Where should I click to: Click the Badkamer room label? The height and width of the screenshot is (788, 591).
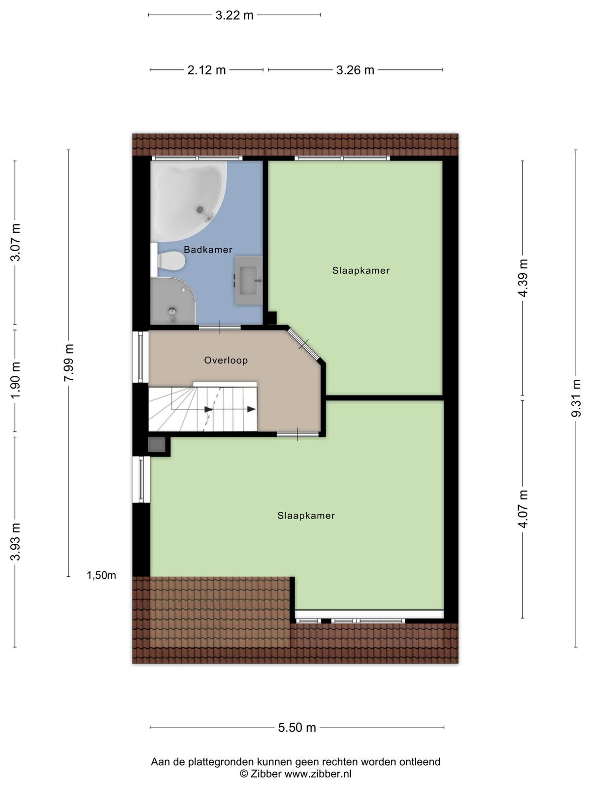(208, 250)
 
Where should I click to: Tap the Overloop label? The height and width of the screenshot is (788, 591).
(226, 360)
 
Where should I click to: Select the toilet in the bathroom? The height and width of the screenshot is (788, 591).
(168, 260)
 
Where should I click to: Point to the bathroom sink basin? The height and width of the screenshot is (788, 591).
(248, 280)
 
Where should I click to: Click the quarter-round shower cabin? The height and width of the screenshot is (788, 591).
(172, 301)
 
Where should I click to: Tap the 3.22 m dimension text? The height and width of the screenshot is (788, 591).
(234, 15)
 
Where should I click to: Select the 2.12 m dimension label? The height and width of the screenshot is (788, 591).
(206, 70)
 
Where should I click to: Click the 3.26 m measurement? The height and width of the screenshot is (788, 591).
(355, 70)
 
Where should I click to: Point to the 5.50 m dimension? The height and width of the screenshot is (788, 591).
(297, 727)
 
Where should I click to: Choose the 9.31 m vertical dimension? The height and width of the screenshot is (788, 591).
(576, 398)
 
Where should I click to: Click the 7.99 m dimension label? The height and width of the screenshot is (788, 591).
(68, 362)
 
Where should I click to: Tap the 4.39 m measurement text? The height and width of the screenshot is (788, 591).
(523, 278)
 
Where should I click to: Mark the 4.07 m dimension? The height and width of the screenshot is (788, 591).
(523, 509)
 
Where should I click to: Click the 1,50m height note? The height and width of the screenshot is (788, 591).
(101, 575)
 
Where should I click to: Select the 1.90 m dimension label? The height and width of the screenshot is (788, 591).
(15, 380)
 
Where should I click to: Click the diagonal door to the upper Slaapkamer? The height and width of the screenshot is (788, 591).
(303, 345)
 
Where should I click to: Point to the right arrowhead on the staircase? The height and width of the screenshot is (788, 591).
(251, 409)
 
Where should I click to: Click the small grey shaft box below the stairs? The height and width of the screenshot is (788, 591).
(157, 444)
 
